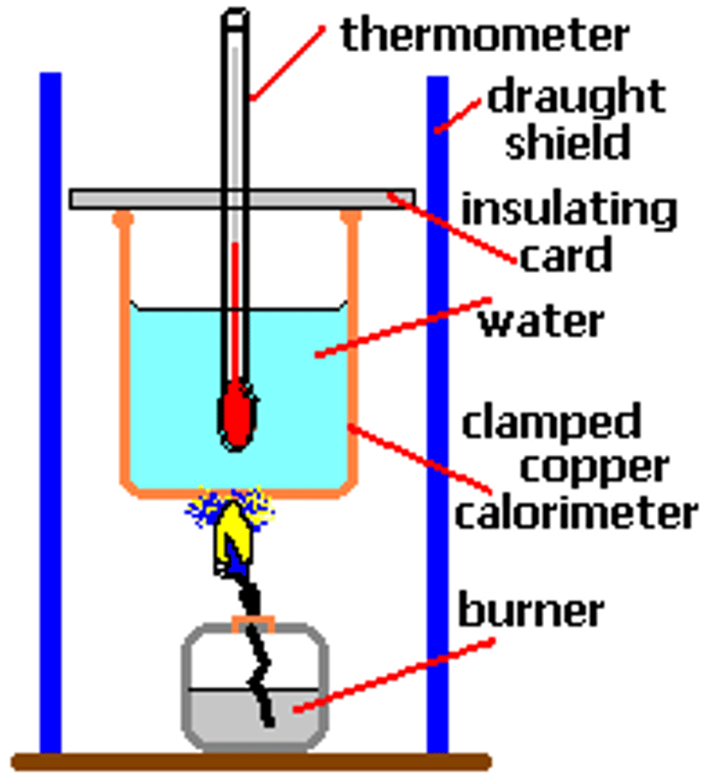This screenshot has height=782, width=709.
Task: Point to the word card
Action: coord(566,255)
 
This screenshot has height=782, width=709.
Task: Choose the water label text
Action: coord(542,322)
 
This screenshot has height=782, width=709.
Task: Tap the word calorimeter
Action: coord(576,513)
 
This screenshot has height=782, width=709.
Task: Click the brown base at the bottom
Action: coord(251,761)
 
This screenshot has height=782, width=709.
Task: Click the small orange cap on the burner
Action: coord(253,622)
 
